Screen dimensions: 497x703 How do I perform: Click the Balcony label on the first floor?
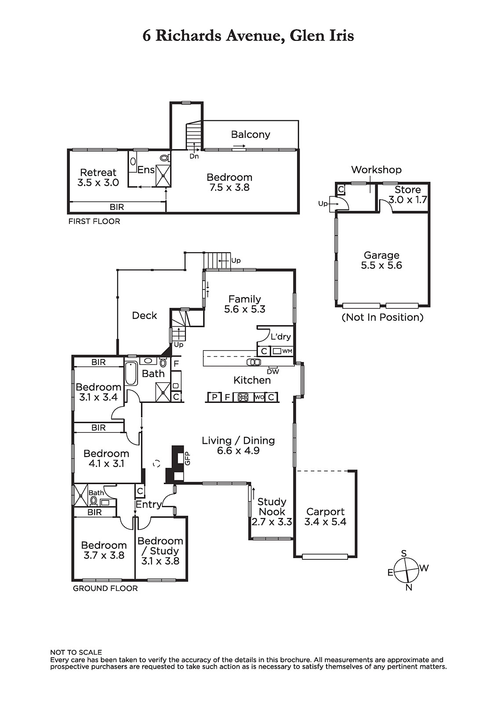(x=250, y=134)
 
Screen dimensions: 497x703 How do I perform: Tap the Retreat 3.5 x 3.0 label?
(x=98, y=178)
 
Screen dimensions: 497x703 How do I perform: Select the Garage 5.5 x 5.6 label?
(x=381, y=260)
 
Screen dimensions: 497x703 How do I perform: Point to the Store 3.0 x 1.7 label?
(x=407, y=194)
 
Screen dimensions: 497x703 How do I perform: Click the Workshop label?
(x=376, y=170)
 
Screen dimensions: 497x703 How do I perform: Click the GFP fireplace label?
(x=188, y=458)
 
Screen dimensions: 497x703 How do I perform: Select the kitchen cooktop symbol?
(x=243, y=397)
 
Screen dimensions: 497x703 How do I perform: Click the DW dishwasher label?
(x=273, y=372)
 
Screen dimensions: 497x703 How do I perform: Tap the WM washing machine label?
(x=287, y=351)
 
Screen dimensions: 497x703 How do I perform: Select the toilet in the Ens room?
(x=165, y=157)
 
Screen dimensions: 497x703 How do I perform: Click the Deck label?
(x=145, y=315)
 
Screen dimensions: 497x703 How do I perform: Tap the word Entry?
(x=148, y=504)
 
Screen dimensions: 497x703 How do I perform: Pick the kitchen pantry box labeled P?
(x=214, y=397)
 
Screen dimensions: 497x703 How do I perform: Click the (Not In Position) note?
(x=382, y=317)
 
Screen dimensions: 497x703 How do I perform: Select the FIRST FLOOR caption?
(x=94, y=221)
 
